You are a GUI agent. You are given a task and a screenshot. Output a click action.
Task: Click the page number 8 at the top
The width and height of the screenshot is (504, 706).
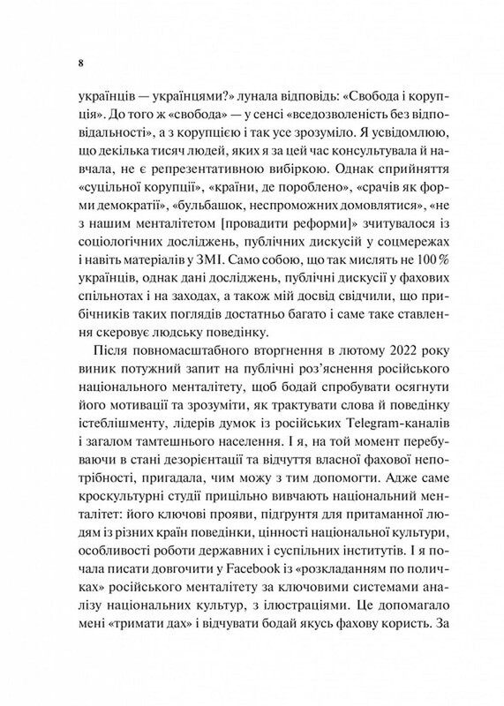[81, 64]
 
